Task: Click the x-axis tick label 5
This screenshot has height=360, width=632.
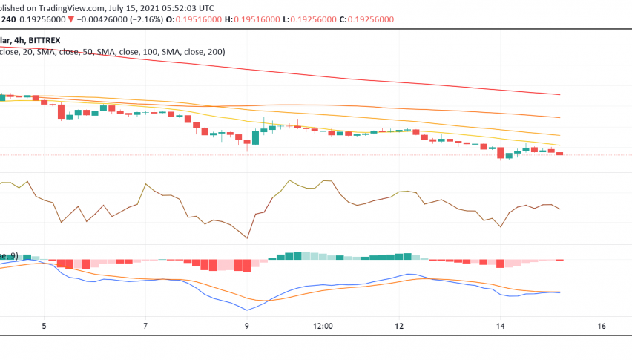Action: [45, 326]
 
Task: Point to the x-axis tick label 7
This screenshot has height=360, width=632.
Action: [146, 326]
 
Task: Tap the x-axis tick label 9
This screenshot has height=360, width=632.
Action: [247, 326]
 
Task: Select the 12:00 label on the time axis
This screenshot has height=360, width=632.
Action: [323, 326]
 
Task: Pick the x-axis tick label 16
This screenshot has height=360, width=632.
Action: [602, 326]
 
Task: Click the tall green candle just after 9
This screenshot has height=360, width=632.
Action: [256, 137]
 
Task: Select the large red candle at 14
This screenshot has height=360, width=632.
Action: [501, 153]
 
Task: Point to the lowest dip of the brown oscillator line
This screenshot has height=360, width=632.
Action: [247, 238]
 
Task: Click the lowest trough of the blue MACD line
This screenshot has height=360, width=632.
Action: [247, 310]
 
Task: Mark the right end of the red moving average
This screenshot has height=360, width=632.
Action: [559, 94]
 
